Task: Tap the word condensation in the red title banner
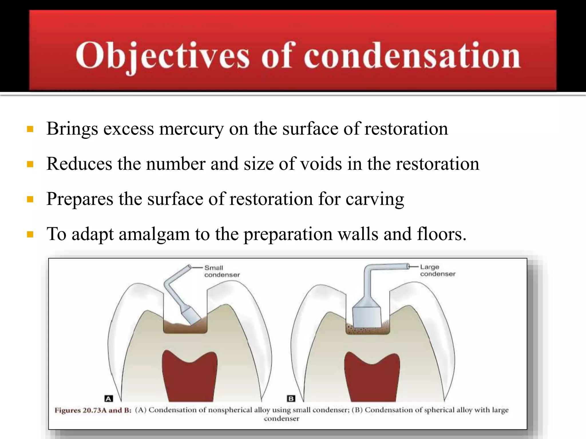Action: click(x=412, y=56)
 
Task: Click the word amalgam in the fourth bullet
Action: click(x=154, y=234)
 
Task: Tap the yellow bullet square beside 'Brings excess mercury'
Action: click(x=30, y=129)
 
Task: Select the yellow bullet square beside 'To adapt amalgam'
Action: click(x=30, y=235)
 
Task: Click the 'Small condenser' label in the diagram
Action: click(x=222, y=271)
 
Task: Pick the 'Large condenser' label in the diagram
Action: click(x=437, y=270)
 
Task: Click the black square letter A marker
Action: click(x=108, y=398)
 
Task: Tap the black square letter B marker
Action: click(x=291, y=398)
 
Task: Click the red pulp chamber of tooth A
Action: click(x=189, y=377)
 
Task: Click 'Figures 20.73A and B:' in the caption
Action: click(x=93, y=410)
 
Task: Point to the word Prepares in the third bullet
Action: click(x=80, y=199)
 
